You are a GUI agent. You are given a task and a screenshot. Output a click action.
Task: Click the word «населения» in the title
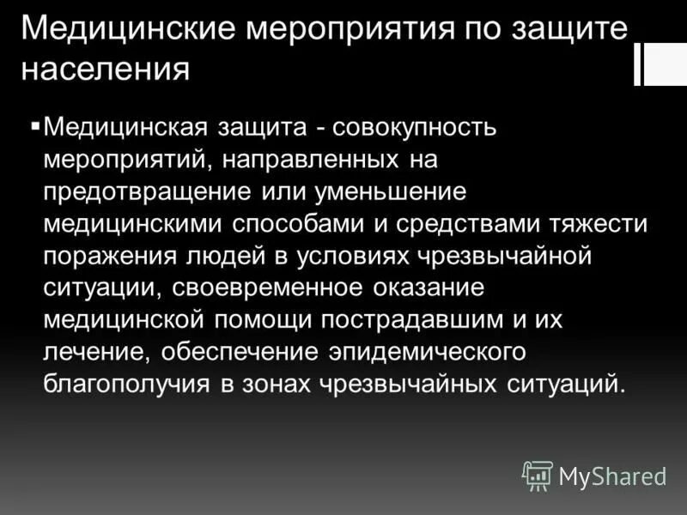click(x=104, y=70)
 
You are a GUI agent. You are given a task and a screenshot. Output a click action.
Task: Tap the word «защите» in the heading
click(x=570, y=31)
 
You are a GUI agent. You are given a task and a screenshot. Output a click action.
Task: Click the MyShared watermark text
click(x=613, y=476)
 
